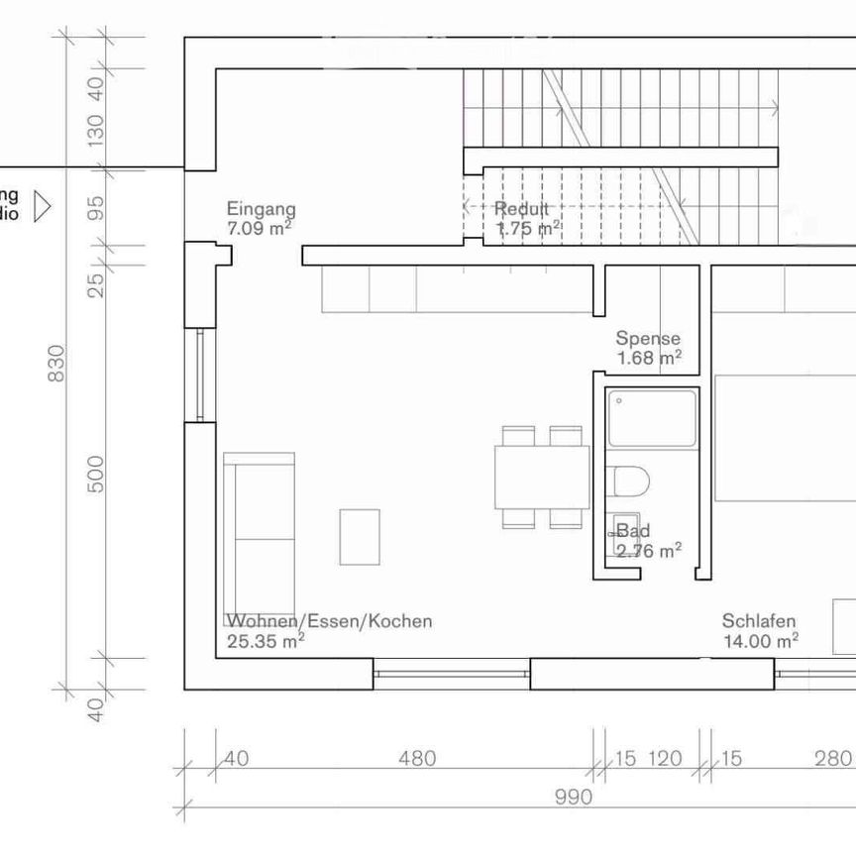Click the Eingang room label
point(261,209)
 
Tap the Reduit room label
point(521,209)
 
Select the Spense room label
point(648,339)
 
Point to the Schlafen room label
point(759,621)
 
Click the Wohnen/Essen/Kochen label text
point(329,621)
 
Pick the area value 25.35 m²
point(265,641)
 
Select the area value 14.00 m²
point(760,641)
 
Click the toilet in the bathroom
point(630,481)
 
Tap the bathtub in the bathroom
point(652,417)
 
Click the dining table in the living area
point(542,477)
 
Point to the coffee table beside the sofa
point(360,536)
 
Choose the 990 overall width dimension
point(573,797)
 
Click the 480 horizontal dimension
point(417,759)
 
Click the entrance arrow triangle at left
point(42,206)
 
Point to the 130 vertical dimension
point(96,131)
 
